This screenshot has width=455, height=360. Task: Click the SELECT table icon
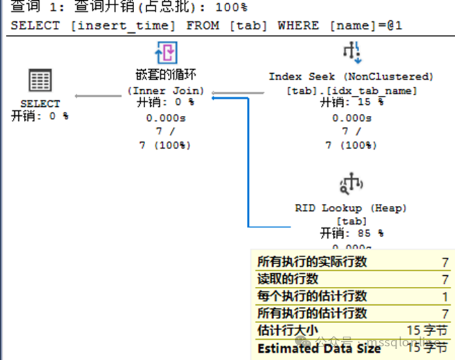pos(40,81)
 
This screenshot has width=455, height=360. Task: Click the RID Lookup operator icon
pos(351,184)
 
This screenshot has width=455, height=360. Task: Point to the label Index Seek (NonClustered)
pos(351,76)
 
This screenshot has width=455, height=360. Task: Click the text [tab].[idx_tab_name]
pos(351,90)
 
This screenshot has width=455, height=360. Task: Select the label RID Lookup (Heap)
pos(351,208)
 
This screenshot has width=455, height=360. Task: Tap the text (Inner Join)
pos(165,90)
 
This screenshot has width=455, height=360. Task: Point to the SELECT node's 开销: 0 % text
pos(40,116)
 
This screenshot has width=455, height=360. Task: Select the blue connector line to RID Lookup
pos(248,162)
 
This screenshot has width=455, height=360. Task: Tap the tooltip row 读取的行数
pos(288,279)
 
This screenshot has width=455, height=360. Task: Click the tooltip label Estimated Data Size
pos(319,348)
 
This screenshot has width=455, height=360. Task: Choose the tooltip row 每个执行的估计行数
pos(312,296)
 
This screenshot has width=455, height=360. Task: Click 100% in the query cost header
pos(231,7)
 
